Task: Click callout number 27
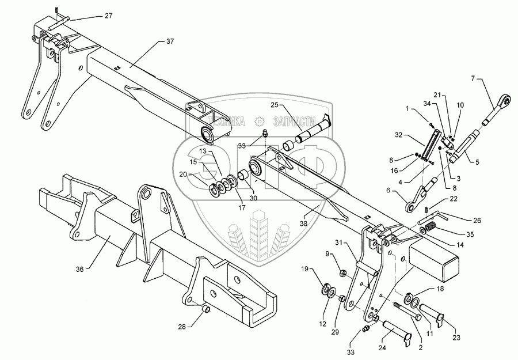tap(109, 17)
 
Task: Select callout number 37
tap(170, 41)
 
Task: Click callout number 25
tap(275, 105)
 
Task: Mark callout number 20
tap(182, 173)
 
